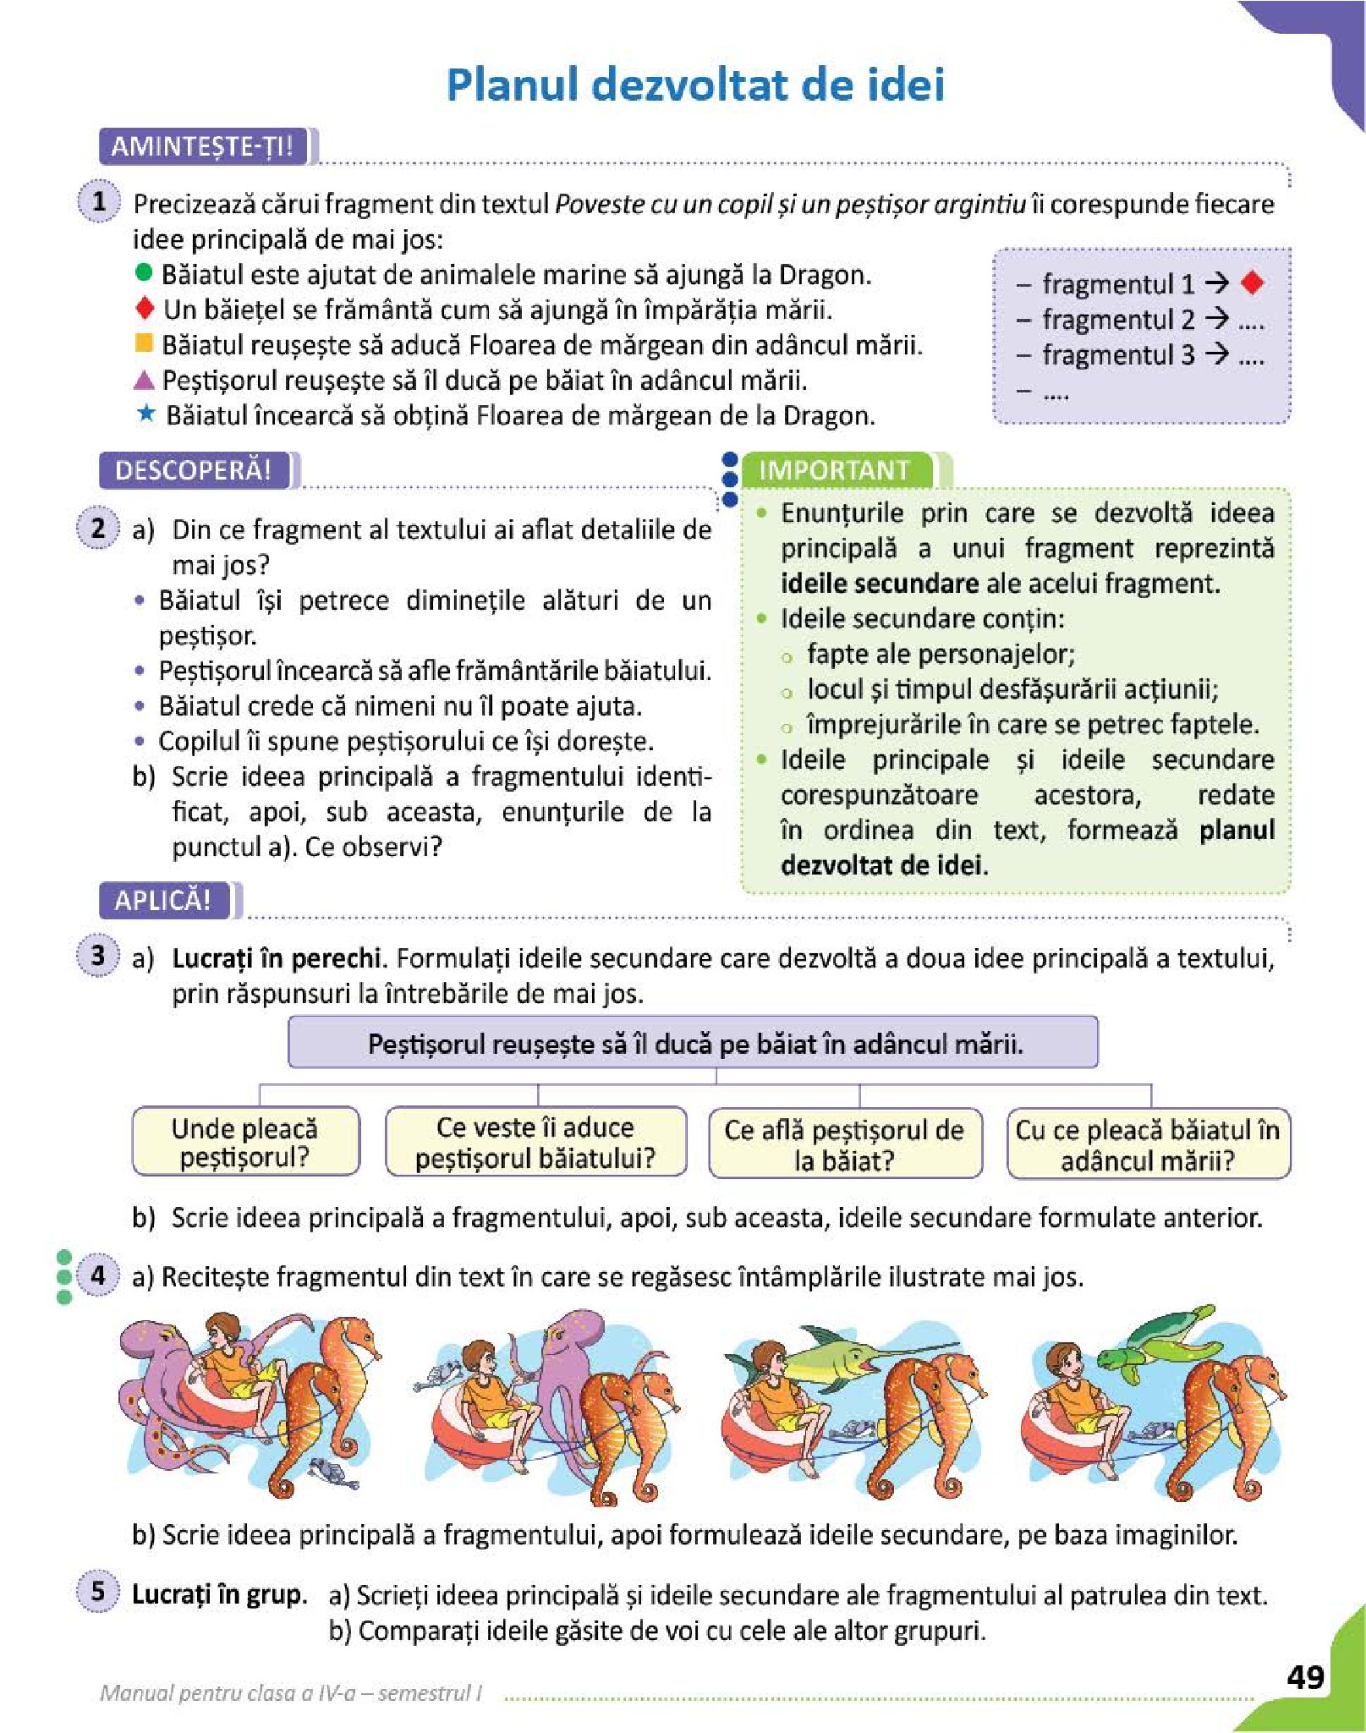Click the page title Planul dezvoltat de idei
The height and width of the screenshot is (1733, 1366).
(x=695, y=85)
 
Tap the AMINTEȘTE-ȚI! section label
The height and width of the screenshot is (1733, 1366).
(x=202, y=146)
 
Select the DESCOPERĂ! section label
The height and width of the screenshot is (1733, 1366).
(x=194, y=470)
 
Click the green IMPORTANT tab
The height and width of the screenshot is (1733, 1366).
(x=835, y=470)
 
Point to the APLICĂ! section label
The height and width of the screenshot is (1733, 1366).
(x=163, y=900)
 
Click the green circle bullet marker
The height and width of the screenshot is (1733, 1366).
(x=144, y=272)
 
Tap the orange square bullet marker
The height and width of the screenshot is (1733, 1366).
(x=144, y=343)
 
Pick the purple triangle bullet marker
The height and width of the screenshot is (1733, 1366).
(x=144, y=379)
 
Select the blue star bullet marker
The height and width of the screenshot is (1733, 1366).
(x=145, y=414)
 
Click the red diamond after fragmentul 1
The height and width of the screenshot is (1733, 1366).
(x=1253, y=282)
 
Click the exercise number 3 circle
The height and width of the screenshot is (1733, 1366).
(x=99, y=956)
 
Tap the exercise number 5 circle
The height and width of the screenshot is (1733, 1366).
(x=99, y=1591)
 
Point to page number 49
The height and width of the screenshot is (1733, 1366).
(x=1305, y=1676)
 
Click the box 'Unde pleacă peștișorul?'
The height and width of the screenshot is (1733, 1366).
(x=245, y=1142)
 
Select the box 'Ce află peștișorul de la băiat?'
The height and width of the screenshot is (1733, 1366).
(x=845, y=1144)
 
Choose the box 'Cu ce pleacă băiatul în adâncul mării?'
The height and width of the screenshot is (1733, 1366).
(x=1148, y=1144)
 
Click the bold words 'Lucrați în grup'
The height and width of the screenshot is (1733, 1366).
(x=217, y=1594)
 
